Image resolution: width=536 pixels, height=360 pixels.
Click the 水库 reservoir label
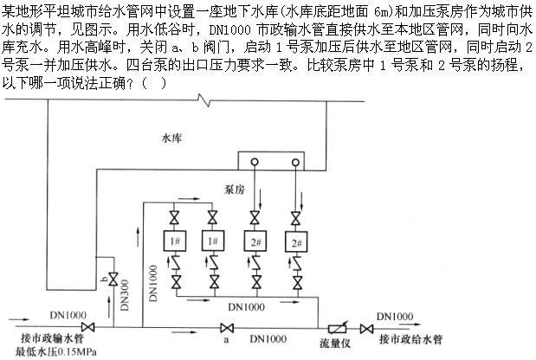173,137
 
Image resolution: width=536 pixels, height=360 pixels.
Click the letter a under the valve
227,341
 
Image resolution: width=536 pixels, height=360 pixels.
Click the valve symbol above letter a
227,327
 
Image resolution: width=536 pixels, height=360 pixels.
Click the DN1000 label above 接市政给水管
396,315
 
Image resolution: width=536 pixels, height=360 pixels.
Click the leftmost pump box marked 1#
176,241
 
